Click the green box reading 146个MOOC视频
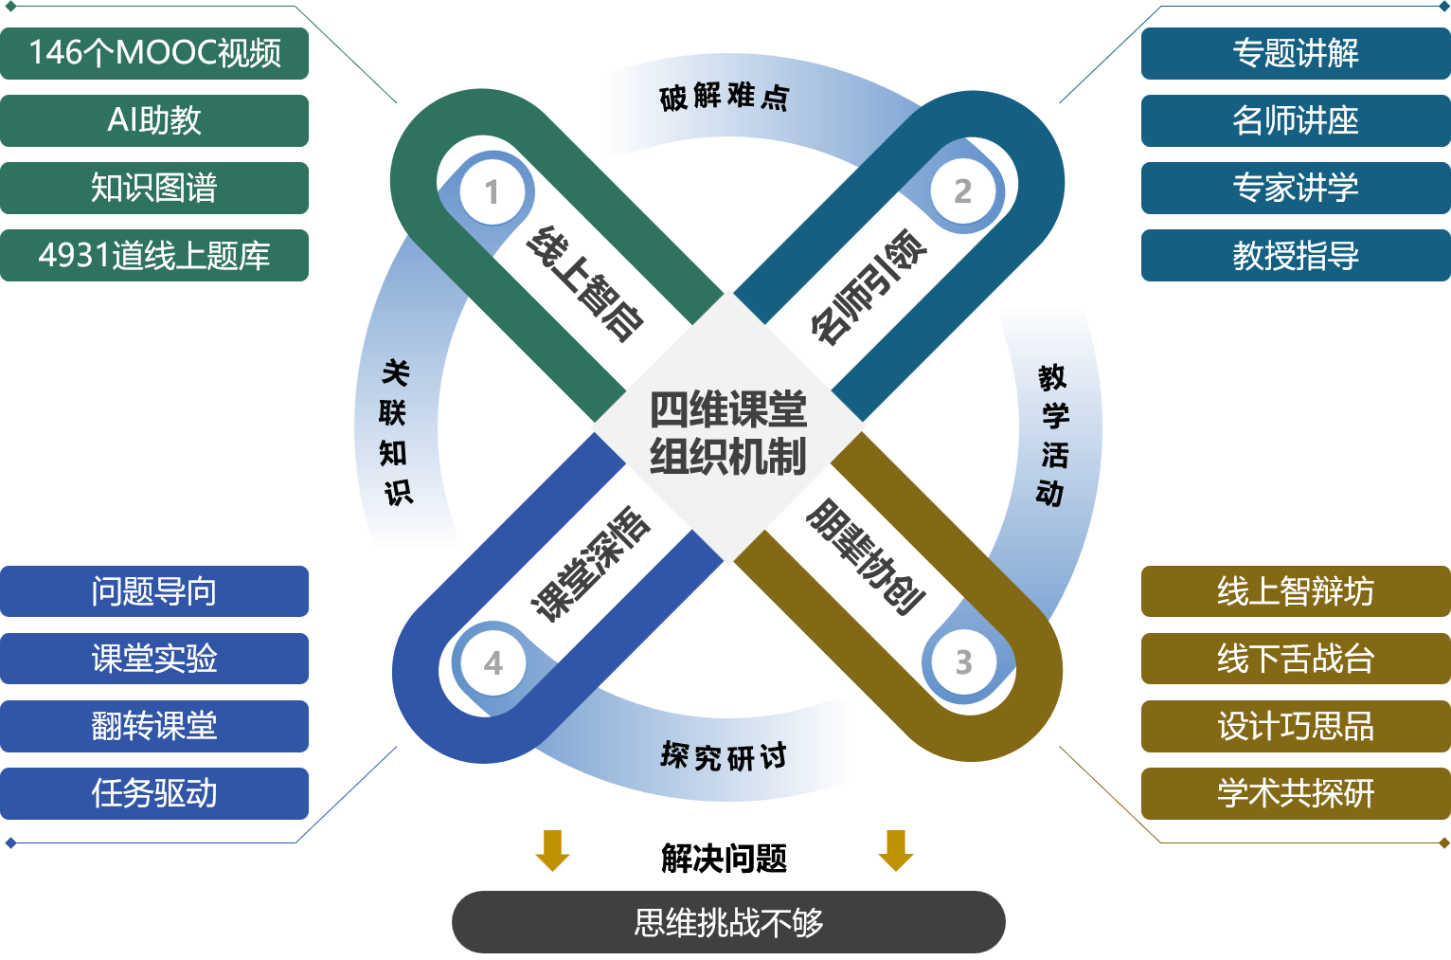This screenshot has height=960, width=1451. (x=154, y=53)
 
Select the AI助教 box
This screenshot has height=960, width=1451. (x=154, y=120)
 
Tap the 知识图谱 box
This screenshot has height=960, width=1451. (x=154, y=188)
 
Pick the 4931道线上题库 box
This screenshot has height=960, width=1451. (x=154, y=255)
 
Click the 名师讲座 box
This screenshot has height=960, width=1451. (x=1295, y=120)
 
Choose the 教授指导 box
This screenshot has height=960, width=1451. (x=1295, y=255)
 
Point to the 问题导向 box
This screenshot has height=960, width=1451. (x=154, y=591)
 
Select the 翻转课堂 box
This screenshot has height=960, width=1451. (x=154, y=726)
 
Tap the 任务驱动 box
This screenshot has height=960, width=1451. (x=154, y=793)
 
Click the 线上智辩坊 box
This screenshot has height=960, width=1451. (x=1295, y=591)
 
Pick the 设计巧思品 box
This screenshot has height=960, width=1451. (x=1295, y=726)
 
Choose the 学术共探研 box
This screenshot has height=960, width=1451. (x=1295, y=793)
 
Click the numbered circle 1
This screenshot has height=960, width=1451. (x=492, y=192)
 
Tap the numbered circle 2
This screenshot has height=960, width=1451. (x=962, y=191)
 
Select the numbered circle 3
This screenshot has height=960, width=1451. (x=963, y=661)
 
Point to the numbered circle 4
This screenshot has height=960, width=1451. (x=493, y=662)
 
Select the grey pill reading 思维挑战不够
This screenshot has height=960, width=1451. (x=727, y=922)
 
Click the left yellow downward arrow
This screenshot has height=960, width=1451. (x=552, y=850)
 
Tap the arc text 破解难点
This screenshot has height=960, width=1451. (x=724, y=97)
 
